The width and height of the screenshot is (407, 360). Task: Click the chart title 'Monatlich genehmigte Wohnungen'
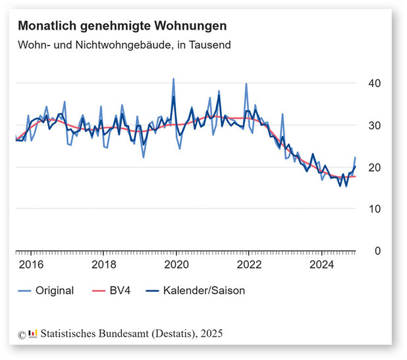tap(122, 26)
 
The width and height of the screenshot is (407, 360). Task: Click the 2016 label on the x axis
tap(31, 265)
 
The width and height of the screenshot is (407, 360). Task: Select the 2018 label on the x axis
tap(103, 265)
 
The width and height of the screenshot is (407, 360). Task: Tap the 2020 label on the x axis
tap(176, 265)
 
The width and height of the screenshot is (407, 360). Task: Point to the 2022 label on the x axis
tap(249, 265)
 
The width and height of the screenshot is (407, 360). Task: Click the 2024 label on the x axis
tap(321, 265)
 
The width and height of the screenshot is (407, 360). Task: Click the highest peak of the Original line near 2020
tap(173, 78)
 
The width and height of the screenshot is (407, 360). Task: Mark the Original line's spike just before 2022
tap(246, 84)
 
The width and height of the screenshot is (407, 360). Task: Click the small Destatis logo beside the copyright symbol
tap(33, 334)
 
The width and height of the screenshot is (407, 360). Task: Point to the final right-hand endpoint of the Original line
tap(355, 158)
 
